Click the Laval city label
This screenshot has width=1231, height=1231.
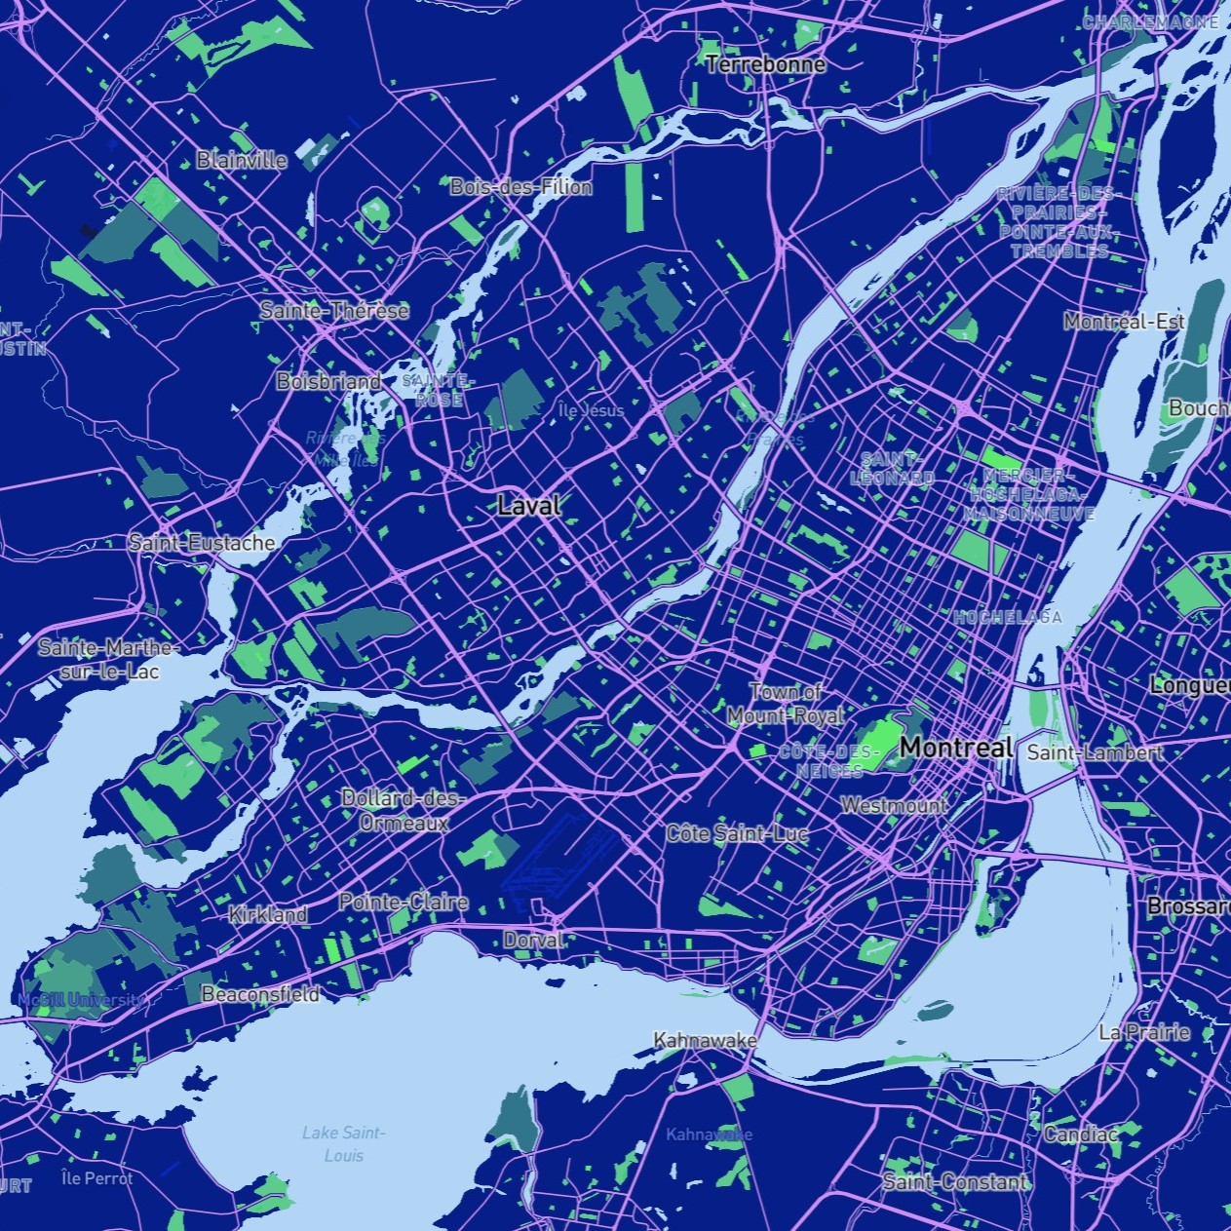(x=529, y=505)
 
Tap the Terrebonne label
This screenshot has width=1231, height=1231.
(x=765, y=64)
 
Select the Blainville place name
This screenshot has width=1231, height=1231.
(x=242, y=160)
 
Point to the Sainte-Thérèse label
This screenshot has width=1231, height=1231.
(x=334, y=311)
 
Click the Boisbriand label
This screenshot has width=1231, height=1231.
(x=328, y=381)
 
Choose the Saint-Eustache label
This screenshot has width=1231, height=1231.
(x=202, y=543)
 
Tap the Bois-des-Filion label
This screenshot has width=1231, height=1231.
(x=520, y=186)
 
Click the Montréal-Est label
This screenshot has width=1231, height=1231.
(x=1124, y=321)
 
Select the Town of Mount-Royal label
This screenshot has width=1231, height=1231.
(x=787, y=703)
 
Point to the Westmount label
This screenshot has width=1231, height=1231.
(x=893, y=806)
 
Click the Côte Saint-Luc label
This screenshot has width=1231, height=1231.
(x=737, y=833)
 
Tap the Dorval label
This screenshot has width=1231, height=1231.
(x=533, y=941)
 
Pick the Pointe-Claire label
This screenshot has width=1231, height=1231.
(x=404, y=902)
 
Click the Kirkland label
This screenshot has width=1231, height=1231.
(x=268, y=914)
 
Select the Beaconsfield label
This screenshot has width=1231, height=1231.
(x=260, y=994)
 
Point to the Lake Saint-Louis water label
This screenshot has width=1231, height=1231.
(x=343, y=1143)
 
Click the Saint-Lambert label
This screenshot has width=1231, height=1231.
(x=1095, y=752)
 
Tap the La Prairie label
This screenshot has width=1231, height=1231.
(x=1143, y=1032)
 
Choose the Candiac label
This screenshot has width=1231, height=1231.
(x=1080, y=1134)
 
